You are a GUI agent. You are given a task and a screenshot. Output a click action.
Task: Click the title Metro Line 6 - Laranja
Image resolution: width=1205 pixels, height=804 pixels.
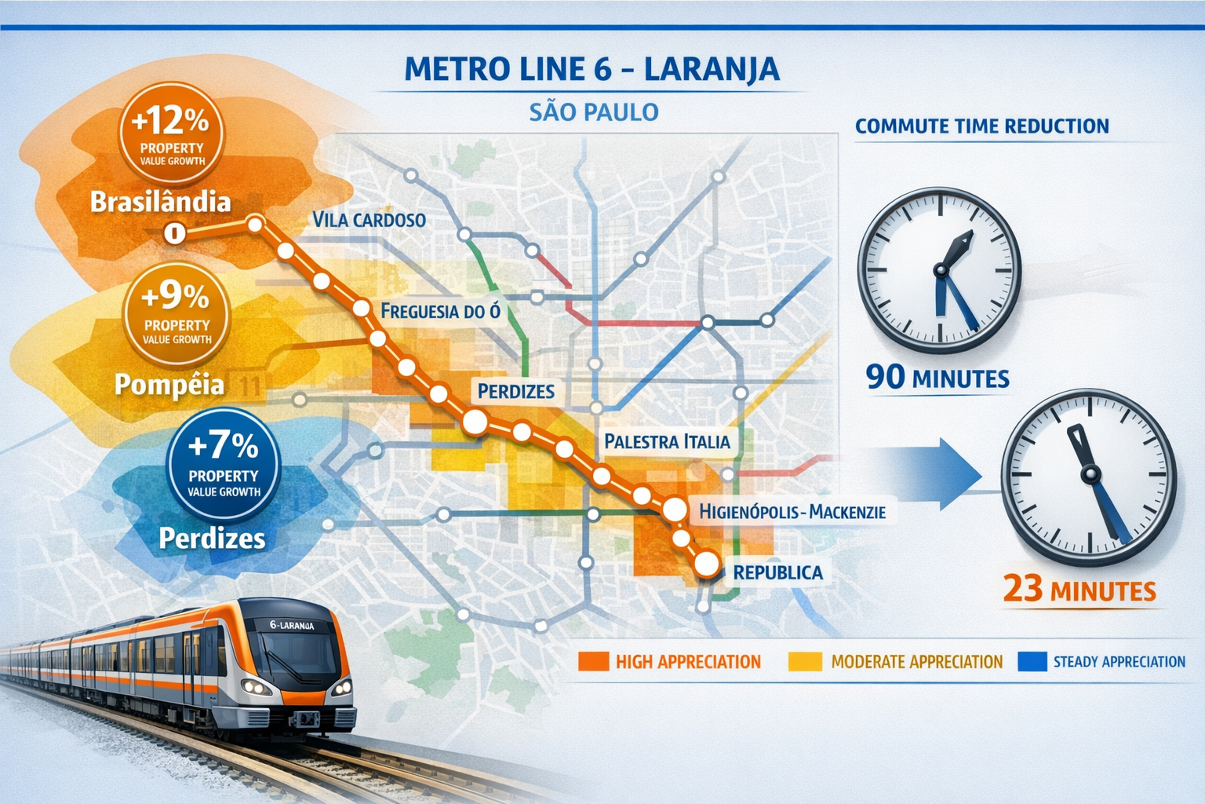coord(592,69)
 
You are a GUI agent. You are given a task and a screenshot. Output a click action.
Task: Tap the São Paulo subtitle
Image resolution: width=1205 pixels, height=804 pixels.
coord(594,112)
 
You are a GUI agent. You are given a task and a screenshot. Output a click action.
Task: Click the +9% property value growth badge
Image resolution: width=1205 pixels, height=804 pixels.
coord(177,313)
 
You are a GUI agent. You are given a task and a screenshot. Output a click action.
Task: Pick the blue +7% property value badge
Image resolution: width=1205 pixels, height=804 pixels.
coord(224,464)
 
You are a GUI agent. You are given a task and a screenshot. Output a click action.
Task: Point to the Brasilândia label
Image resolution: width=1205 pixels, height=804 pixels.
coord(160,202)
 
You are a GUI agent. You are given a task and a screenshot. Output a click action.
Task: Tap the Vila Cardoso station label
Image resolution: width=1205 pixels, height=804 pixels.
coord(369,220)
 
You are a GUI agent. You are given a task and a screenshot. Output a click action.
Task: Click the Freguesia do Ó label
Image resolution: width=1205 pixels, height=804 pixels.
coord(440,312)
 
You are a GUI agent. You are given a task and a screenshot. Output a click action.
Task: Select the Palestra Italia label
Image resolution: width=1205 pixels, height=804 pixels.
coord(667,442)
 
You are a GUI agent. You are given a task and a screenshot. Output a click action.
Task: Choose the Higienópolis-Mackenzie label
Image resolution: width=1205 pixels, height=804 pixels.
coord(792,512)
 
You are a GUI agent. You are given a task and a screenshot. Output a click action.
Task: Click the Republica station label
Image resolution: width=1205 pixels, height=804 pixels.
coord(777,572)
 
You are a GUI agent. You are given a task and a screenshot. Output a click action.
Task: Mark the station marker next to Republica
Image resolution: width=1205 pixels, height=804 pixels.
coord(707,564)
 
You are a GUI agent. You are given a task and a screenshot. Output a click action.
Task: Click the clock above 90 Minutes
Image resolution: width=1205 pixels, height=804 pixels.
coord(939,269)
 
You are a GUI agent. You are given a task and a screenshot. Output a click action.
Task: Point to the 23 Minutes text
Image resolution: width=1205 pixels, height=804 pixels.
coord(1079,590)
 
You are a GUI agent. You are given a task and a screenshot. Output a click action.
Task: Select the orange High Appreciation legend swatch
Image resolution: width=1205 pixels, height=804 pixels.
coord(593,662)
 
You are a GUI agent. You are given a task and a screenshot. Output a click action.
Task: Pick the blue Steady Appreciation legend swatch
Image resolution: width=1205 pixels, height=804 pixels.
coord(1032,662)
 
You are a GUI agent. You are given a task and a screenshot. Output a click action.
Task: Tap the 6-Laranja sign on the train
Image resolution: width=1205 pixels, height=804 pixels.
coord(292,625)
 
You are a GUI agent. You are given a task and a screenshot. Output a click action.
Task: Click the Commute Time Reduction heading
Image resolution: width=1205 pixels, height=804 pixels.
coord(981,126)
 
